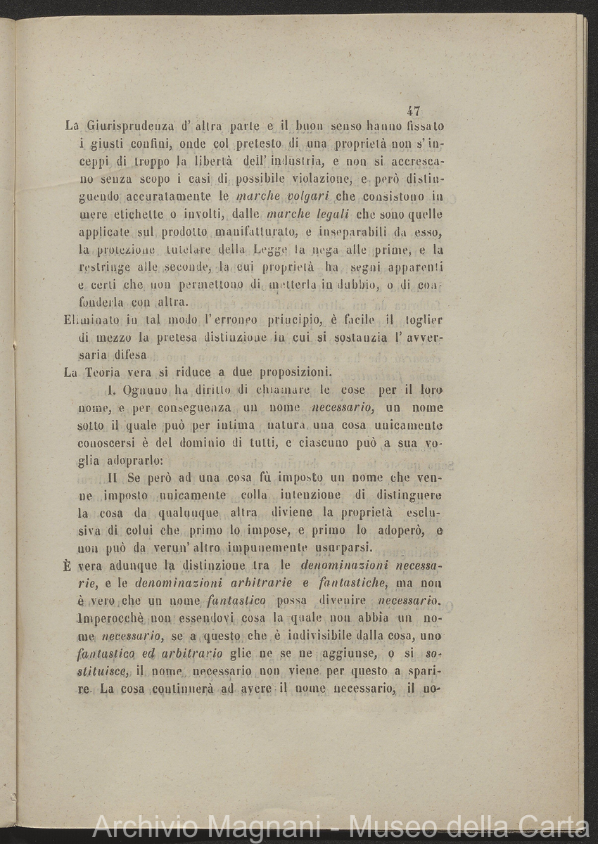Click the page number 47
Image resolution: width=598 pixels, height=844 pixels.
[414, 110]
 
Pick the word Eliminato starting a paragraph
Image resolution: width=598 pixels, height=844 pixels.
[90, 320]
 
